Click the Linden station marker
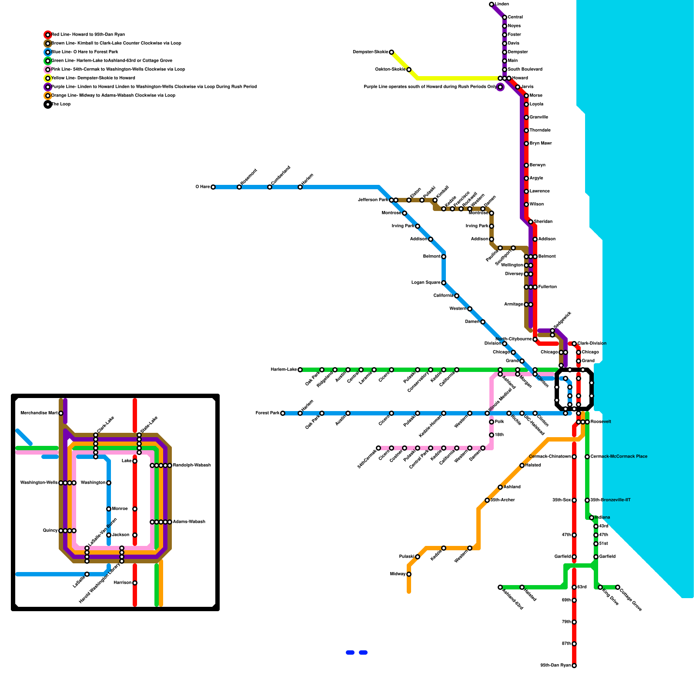click(x=492, y=4)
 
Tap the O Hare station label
click(x=202, y=187)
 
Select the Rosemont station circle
click(x=239, y=187)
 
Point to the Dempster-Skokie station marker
click(x=391, y=52)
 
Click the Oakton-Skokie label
click(x=390, y=70)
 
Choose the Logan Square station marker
click(x=444, y=283)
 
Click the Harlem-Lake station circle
click(x=300, y=370)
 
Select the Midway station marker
click(x=409, y=574)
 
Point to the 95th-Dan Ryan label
click(x=555, y=666)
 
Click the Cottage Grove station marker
click(x=618, y=587)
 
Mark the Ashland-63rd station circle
click(x=500, y=587)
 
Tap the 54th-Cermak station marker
click(x=378, y=448)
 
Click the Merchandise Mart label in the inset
click(x=39, y=413)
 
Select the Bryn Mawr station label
click(x=540, y=144)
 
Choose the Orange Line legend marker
click(x=48, y=96)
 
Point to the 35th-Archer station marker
click(x=487, y=500)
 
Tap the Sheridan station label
click(x=543, y=222)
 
